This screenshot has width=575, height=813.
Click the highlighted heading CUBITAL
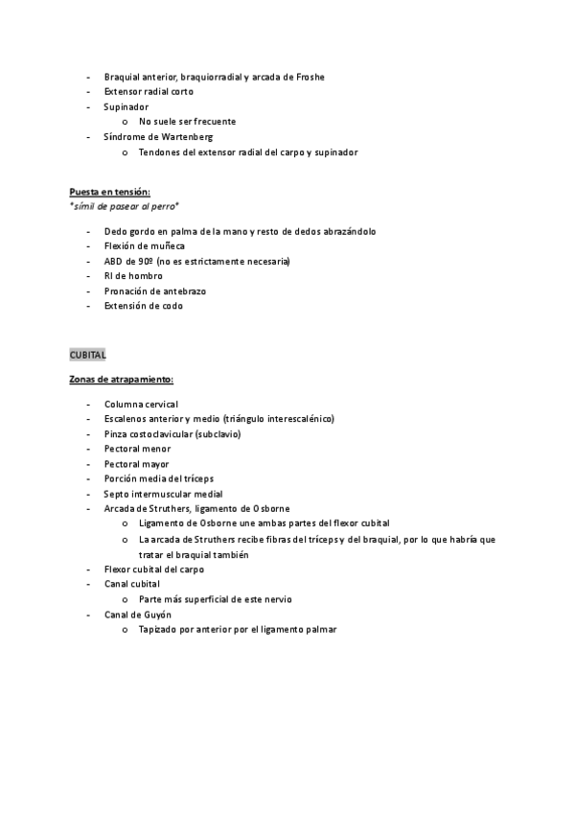(87, 355)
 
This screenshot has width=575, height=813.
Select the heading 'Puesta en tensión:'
(109, 192)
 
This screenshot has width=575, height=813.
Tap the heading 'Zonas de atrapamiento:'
(121, 380)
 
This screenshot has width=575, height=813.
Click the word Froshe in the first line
(310, 77)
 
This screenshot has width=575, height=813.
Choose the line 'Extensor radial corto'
(149, 92)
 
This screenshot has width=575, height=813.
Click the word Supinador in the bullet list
(126, 106)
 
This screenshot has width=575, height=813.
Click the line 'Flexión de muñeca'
(144, 246)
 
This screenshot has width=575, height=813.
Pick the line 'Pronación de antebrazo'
(155, 290)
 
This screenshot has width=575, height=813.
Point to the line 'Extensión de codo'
(144, 306)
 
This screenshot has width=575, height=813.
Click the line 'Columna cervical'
(141, 405)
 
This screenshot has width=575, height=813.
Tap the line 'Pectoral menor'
(138, 449)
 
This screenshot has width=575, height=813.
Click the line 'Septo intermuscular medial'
(164, 494)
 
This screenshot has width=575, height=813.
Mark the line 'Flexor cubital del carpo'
(153, 569)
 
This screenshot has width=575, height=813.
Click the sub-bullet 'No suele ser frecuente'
(187, 122)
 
